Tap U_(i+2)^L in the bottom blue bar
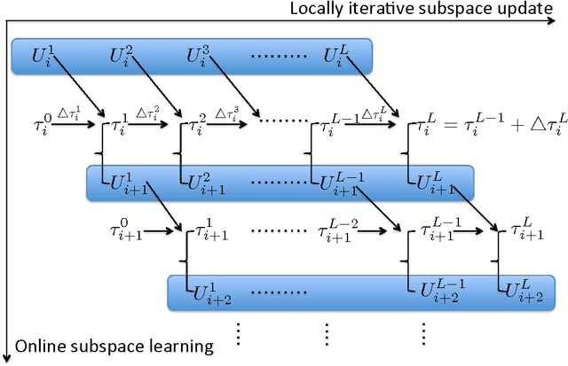[518, 290]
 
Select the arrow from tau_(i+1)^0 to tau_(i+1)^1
[162, 233]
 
